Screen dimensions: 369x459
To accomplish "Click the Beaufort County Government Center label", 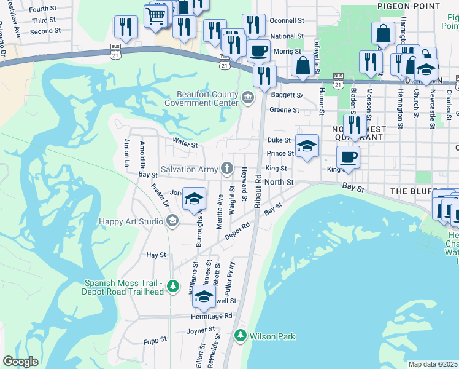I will [x=201, y=98].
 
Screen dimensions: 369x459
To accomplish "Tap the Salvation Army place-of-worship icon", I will [x=227, y=169].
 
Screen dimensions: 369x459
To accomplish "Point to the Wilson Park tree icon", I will [x=240, y=336].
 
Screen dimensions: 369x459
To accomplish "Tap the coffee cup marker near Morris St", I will [x=258, y=50].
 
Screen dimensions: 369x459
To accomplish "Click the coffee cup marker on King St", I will [x=348, y=156].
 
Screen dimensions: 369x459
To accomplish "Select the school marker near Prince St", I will [x=307, y=145].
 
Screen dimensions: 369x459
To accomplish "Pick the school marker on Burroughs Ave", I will [x=195, y=198].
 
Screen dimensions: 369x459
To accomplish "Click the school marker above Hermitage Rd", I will [x=204, y=296].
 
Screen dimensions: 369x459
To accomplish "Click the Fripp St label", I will [x=155, y=339].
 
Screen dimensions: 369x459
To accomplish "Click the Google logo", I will [x=20, y=362].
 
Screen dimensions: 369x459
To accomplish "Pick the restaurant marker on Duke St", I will [x=354, y=125].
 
